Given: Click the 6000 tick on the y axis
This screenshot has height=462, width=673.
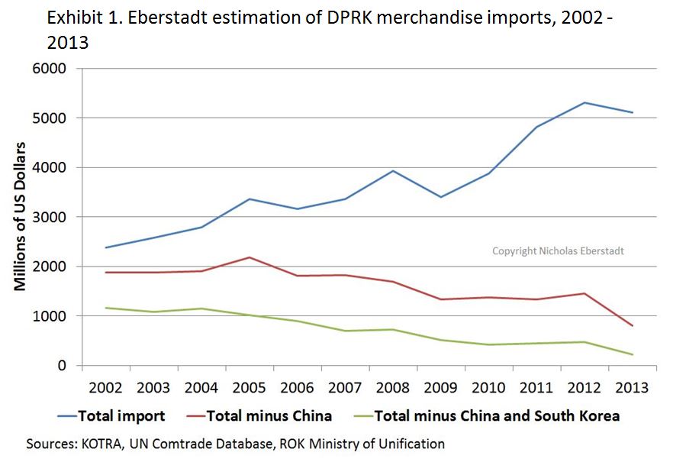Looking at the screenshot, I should tap(49, 69).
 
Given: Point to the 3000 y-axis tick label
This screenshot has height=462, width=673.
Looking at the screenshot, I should tap(49, 217).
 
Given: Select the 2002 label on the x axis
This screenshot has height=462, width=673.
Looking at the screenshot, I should tap(105, 387).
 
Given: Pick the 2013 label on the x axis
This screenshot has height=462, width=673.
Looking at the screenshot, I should tap(632, 387).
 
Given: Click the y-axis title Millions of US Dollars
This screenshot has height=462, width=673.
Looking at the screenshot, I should tap(21, 217).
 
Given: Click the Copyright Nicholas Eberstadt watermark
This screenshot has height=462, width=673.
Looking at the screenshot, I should tap(557, 250).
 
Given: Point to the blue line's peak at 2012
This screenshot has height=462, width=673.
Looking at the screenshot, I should tap(584, 102).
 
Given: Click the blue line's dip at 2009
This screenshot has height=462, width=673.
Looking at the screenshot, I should tap(440, 197).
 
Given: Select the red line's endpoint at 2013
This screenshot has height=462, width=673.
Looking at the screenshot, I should tap(632, 326).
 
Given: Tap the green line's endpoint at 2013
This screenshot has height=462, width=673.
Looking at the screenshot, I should tap(632, 354).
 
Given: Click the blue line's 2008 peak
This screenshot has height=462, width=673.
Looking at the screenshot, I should tap(392, 171).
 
